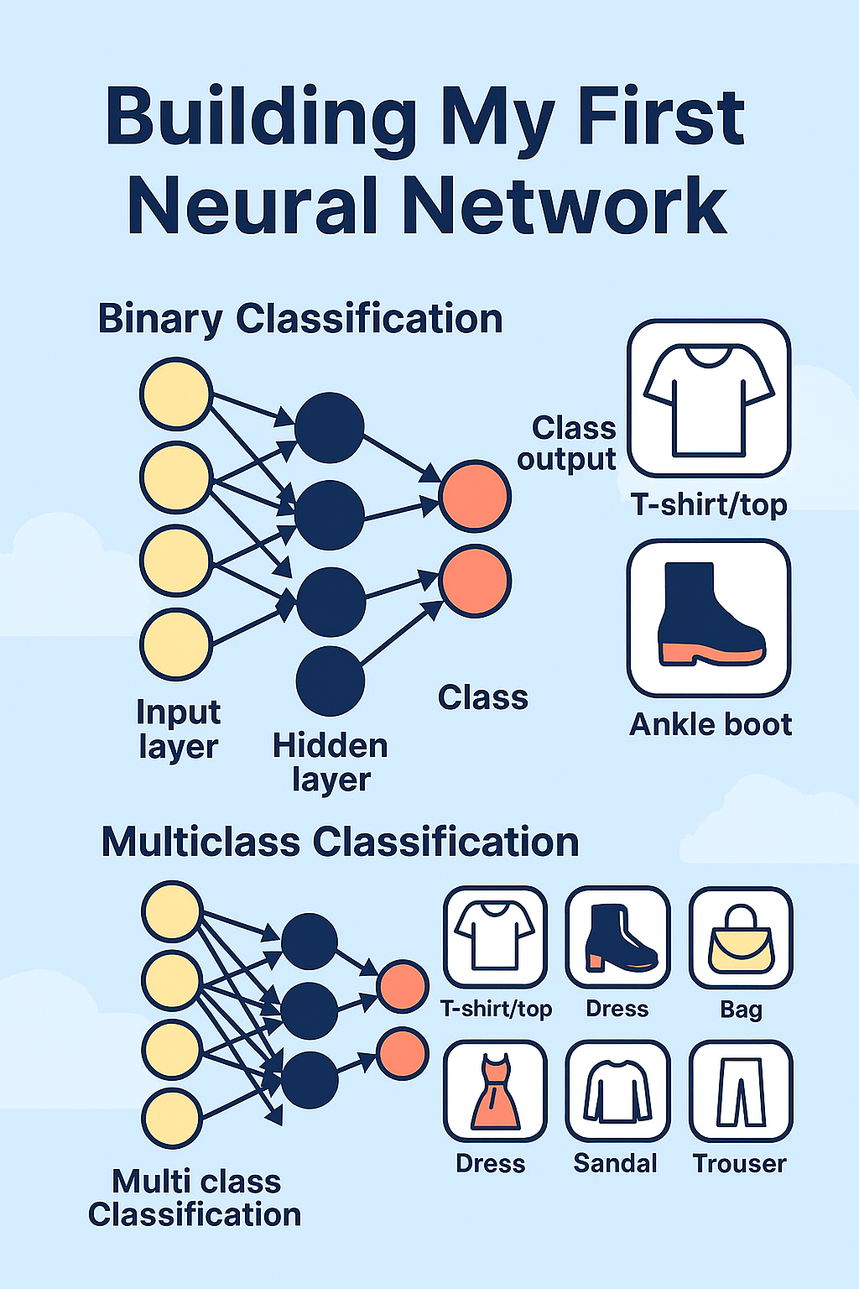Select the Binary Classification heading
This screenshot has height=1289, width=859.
click(300, 320)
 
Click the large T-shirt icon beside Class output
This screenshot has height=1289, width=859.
click(709, 400)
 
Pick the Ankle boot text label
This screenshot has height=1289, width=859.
click(711, 724)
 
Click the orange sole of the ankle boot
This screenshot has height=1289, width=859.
click(712, 655)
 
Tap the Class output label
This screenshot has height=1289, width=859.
click(567, 444)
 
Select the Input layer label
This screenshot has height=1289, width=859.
click(179, 729)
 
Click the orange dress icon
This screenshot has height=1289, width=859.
click(496, 1092)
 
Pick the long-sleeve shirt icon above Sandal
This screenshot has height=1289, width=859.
click(618, 1092)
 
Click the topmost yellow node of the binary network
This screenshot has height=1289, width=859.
click(176, 394)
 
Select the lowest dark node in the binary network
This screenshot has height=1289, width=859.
click(331, 681)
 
